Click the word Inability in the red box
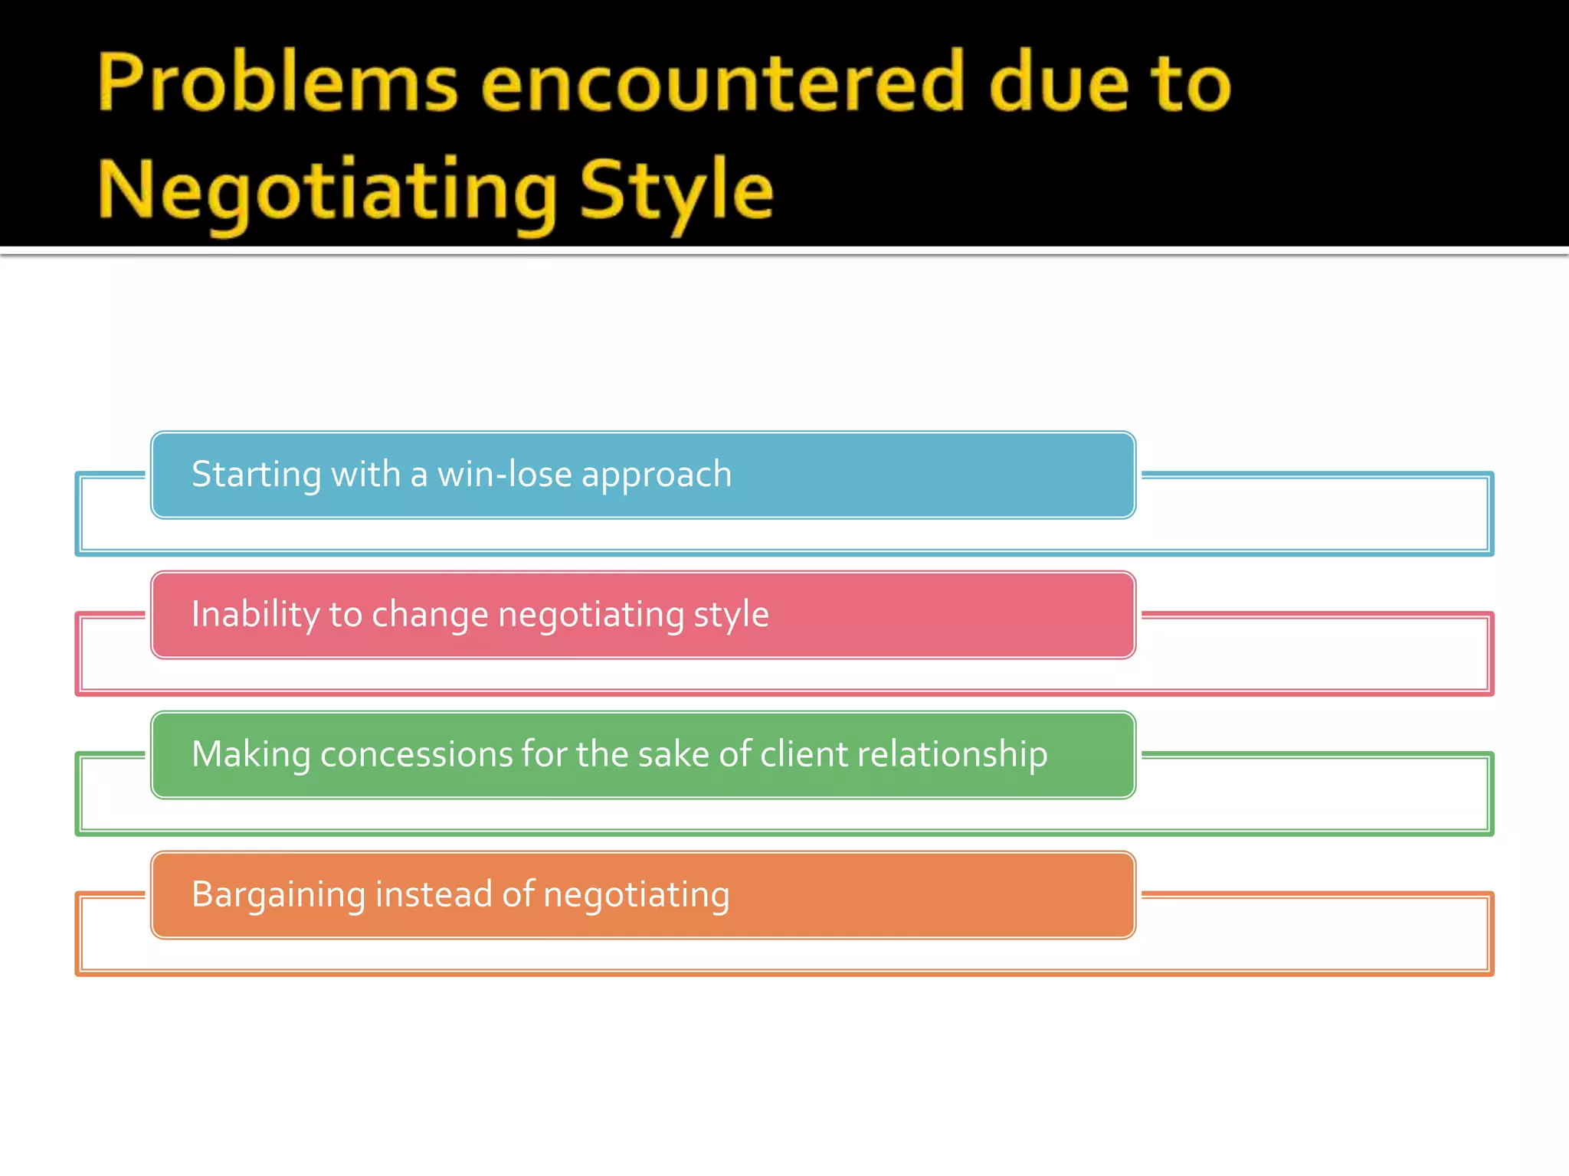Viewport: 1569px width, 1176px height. (x=255, y=614)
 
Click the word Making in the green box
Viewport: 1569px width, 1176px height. (x=251, y=755)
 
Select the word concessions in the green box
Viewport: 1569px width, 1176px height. (x=416, y=755)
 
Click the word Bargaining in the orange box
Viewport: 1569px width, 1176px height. (x=278, y=895)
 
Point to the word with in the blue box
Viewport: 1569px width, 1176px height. (x=365, y=475)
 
